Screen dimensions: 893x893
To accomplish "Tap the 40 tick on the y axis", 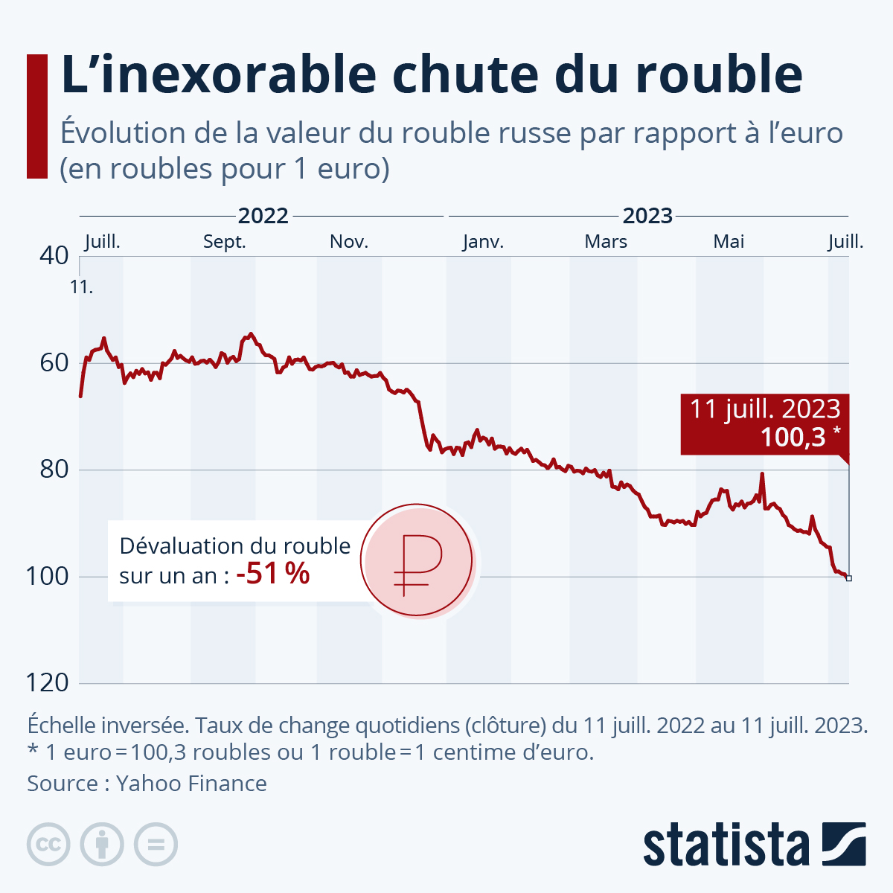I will (54, 256).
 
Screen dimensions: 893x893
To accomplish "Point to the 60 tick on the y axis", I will (54, 363).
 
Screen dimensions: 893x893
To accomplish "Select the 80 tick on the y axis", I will (54, 470).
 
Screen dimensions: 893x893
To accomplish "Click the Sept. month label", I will (224, 242).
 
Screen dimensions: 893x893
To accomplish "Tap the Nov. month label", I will (349, 242).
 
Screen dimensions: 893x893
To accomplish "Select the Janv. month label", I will (483, 242).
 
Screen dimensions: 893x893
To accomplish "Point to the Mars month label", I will (606, 242).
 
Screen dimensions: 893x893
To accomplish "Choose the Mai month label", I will (729, 242).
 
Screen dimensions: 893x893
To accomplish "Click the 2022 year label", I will (263, 216).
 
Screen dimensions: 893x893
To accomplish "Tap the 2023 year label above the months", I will (647, 216).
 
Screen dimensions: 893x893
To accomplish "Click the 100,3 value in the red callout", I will (793, 437).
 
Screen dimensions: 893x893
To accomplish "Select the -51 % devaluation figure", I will (272, 574).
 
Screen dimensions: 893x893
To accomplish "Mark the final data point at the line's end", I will (849, 578).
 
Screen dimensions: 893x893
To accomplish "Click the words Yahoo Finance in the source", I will (191, 784).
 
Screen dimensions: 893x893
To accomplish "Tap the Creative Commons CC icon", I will (48, 845).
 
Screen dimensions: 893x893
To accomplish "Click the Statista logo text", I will (726, 845).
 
